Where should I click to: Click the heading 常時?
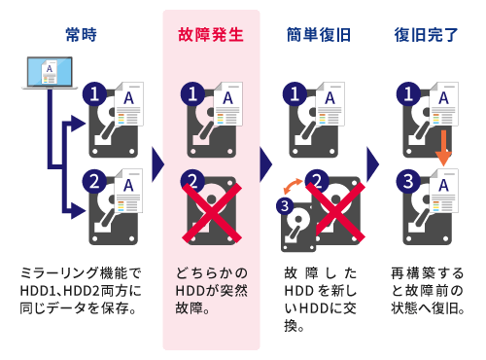[81, 35]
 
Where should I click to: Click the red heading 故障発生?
[211, 35]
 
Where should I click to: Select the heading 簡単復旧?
[319, 35]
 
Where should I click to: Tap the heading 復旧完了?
[426, 35]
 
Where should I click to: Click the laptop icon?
[50, 73]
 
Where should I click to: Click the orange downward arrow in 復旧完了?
[443, 148]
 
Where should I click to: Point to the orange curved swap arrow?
[293, 186]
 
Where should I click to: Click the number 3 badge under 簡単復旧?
[285, 205]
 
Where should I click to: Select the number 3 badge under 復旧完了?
[408, 181]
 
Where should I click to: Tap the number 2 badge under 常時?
[94, 181]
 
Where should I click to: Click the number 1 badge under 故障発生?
[192, 94]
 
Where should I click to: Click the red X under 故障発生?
[212, 213]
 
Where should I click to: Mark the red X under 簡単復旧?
[335, 213]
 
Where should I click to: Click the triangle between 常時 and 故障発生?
[157, 164]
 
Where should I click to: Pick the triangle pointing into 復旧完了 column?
[372, 164]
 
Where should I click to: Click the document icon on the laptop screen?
[50, 71]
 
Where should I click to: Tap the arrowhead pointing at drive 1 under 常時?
[78, 124]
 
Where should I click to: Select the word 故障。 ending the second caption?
[192, 308]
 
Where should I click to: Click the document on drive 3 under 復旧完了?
[444, 191]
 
